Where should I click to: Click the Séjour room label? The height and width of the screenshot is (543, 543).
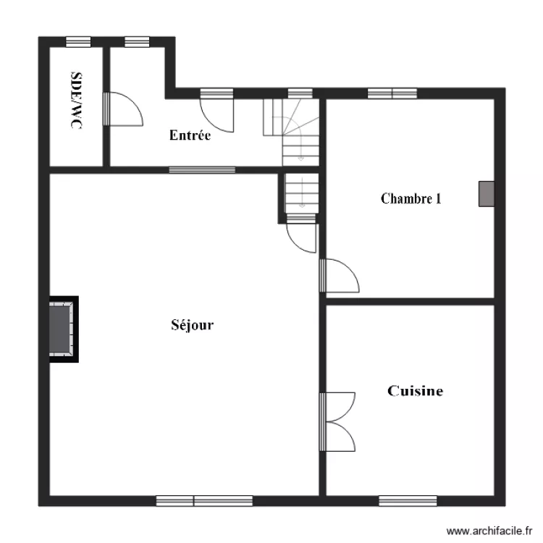pos(192,325)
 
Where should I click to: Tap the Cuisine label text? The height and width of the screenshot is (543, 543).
pos(416,391)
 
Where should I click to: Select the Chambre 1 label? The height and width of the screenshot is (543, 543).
pos(411,198)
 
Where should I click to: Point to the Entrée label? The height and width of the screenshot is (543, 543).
pos(190,135)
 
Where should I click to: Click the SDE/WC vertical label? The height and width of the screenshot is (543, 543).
pos(75,101)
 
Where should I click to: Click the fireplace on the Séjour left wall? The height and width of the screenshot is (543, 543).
pos(62,329)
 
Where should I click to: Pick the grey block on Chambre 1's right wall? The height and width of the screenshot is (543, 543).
pos(487,193)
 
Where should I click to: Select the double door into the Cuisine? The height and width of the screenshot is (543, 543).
pos(337,421)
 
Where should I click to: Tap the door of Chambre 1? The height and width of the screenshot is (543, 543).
pos(340,276)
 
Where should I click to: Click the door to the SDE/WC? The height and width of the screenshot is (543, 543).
pos(123,109)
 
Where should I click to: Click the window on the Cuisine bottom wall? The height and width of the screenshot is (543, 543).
pos(408,500)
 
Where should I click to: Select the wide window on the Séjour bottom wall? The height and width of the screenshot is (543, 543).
pos(204,500)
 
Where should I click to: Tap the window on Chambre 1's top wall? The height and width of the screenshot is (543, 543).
pos(392,93)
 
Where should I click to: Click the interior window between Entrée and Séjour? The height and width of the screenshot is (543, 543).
pos(202,170)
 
